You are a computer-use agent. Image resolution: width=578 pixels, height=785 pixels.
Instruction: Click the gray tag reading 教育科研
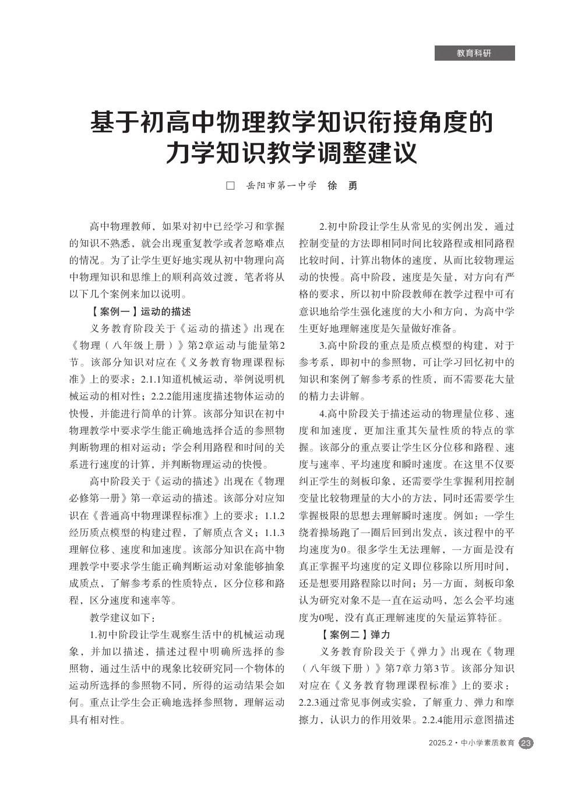coord(474,53)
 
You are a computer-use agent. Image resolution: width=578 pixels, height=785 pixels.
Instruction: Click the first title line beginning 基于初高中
coord(291,123)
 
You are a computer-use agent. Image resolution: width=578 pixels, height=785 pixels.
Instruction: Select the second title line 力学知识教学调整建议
coord(291,153)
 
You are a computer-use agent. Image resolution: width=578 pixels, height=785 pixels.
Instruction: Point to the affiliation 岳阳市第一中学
coord(281,186)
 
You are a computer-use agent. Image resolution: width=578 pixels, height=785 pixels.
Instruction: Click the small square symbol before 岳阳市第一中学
coord(231,186)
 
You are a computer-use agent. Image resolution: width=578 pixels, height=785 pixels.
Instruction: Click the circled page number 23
coord(526,743)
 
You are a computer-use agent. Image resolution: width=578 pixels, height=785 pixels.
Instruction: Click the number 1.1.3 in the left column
coord(274,532)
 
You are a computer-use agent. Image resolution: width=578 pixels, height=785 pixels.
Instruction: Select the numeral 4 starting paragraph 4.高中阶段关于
coord(322,414)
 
